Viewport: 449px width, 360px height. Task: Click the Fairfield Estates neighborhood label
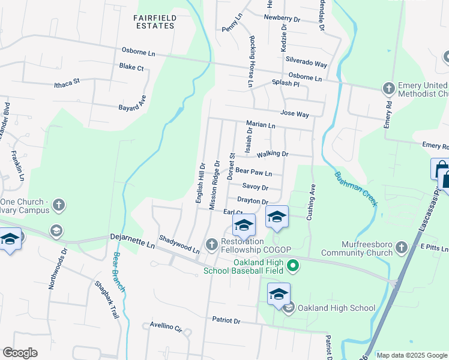coord(155,22)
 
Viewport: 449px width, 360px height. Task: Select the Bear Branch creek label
coord(119,271)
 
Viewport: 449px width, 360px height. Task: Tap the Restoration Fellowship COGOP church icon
coord(211,244)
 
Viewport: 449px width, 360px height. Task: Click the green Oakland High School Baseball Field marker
coord(293,265)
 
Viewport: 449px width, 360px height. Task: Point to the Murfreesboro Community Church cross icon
coord(401,247)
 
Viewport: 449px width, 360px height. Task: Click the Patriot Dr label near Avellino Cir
coord(226,321)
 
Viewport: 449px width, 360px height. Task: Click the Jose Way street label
coord(294,113)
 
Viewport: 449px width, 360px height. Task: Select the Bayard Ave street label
coord(139,104)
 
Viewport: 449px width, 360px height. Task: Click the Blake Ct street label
coord(131,67)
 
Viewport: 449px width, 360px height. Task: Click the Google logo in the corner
coord(20,353)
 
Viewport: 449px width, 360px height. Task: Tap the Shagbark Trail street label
coord(107,300)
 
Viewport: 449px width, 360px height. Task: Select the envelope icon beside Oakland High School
coord(288,308)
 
